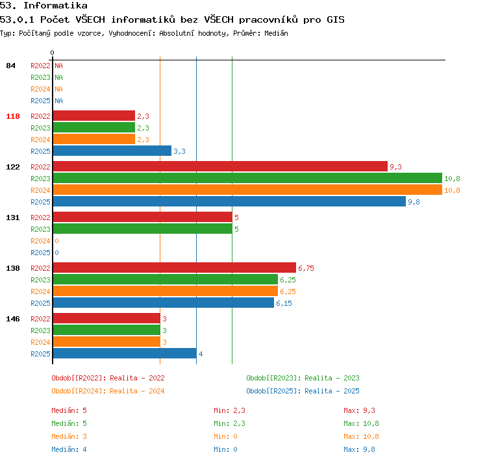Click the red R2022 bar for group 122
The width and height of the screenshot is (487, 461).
point(220,166)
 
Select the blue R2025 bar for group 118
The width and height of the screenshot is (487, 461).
point(112,151)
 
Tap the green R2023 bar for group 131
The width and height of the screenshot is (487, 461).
point(143,229)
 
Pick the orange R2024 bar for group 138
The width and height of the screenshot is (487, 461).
point(165,292)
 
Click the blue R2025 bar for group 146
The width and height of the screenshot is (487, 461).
point(125,353)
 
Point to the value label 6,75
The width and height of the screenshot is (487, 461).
point(306,268)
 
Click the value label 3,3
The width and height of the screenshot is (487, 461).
point(179,151)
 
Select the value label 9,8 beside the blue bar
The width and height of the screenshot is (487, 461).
point(414,202)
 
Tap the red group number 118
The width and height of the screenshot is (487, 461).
point(13,116)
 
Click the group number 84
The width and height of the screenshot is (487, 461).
point(10,66)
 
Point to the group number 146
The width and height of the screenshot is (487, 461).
point(13,319)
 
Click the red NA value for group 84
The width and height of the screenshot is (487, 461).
point(58,66)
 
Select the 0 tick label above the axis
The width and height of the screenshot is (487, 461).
point(52,53)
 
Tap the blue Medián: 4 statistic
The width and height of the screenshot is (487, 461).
point(69,449)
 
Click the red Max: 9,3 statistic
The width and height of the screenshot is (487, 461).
point(359,410)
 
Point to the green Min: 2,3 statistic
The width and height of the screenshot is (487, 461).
point(229,423)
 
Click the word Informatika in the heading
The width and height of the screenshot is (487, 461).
point(55,5)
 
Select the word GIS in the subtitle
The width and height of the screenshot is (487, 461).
point(336,19)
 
